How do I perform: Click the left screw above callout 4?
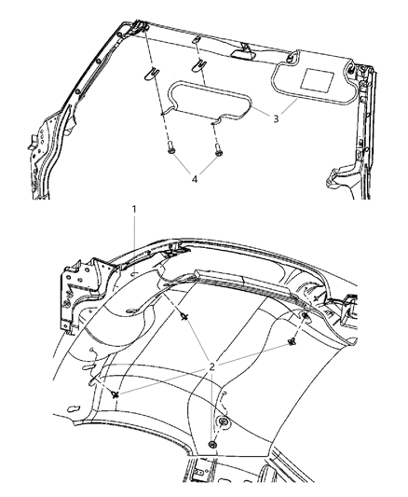click(x=172, y=146)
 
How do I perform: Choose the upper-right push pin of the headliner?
click(x=295, y=341)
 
